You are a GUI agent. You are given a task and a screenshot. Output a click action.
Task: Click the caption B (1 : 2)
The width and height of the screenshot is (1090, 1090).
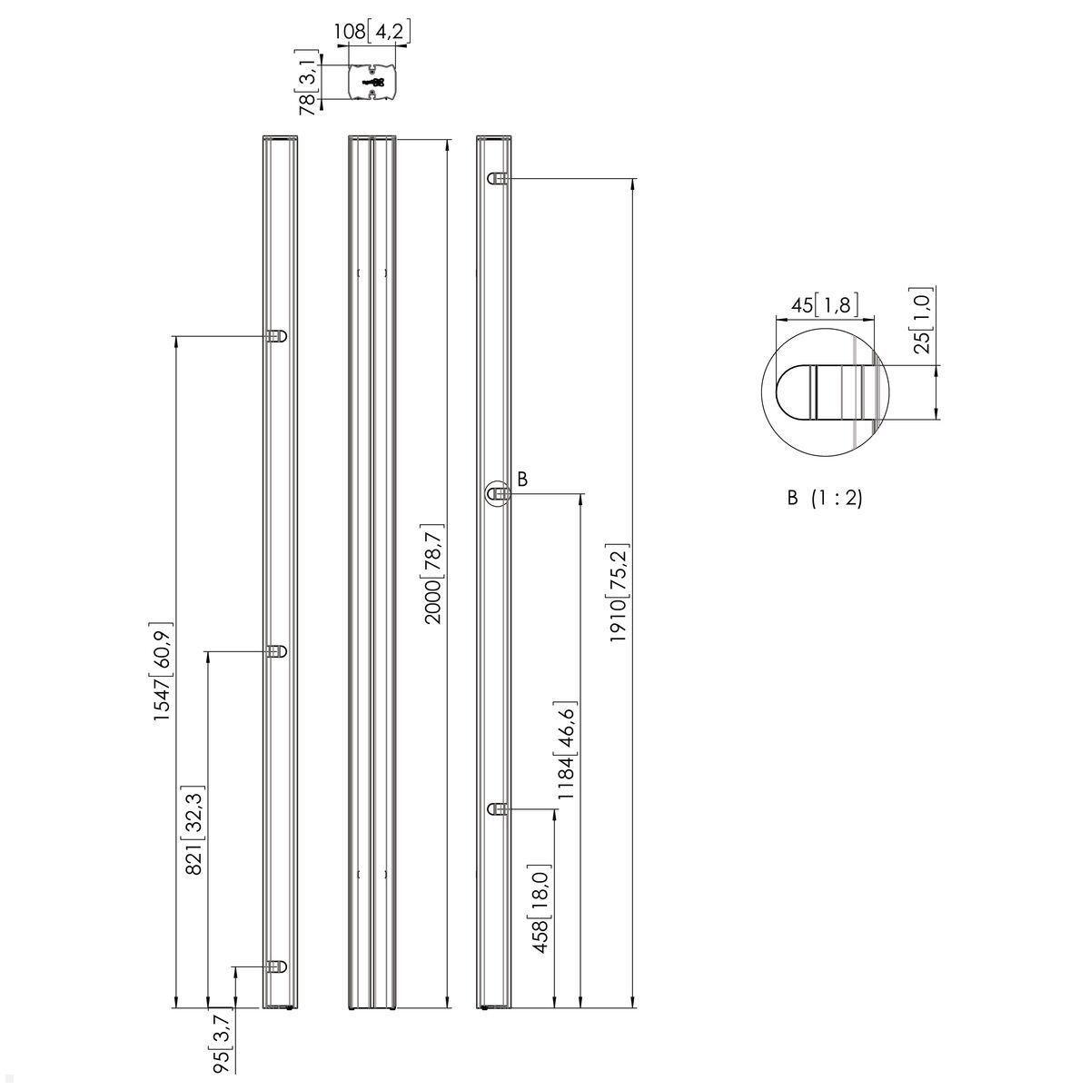824,498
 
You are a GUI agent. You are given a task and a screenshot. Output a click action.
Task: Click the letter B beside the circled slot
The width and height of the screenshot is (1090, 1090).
521,479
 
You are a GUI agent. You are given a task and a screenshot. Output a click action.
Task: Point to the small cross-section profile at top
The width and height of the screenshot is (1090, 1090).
372,82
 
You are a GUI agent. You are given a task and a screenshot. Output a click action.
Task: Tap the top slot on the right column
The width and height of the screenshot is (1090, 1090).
497,179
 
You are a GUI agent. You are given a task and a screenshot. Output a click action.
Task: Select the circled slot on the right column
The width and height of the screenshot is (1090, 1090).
497,494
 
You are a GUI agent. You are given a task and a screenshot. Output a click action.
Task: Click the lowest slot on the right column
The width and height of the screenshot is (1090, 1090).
497,809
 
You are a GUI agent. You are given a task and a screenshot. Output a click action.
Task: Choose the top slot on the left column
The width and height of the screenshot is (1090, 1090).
277,336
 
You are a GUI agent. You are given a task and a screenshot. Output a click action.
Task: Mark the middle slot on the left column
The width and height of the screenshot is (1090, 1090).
277,651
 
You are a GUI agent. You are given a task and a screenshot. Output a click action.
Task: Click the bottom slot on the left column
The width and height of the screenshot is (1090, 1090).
277,966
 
